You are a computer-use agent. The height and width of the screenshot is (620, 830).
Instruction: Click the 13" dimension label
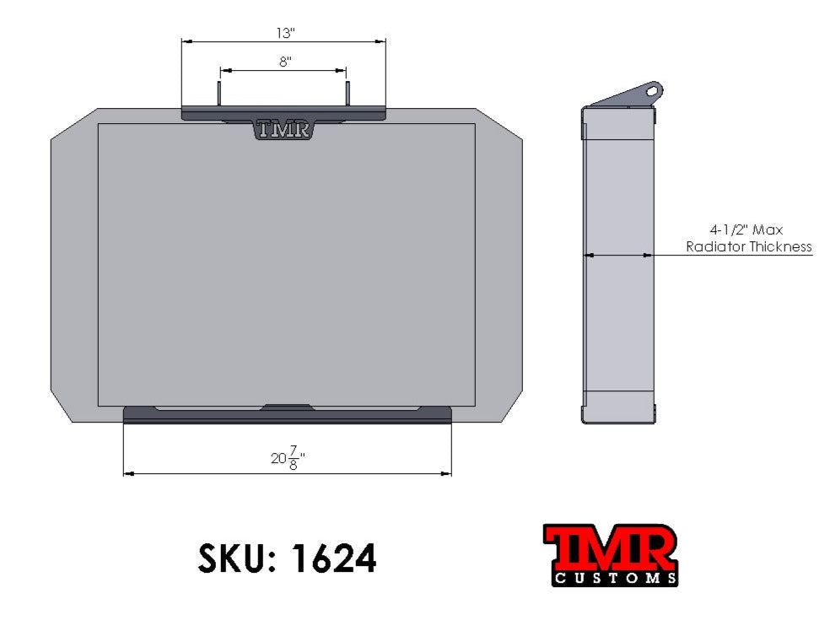point(284,33)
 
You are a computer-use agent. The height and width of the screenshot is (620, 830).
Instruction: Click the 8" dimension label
point(284,62)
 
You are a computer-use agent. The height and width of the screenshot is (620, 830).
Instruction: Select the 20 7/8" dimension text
point(287,459)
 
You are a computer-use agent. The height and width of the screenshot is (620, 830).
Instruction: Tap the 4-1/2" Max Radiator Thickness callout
point(748,238)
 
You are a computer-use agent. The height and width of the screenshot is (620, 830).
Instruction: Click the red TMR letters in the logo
point(610,548)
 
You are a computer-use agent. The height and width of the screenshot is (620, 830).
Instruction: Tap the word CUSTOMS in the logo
point(615,579)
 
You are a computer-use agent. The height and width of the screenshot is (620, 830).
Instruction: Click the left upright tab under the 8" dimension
point(220,94)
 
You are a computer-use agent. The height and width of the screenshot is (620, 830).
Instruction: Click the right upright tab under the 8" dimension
point(347,94)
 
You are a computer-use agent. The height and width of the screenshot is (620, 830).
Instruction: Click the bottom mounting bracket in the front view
point(287,415)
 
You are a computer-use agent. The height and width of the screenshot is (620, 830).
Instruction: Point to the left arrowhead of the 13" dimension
point(186,40)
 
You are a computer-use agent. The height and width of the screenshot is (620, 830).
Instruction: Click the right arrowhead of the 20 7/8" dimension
point(446,473)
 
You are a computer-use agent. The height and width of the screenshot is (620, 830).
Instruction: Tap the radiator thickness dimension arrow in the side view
point(618,254)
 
